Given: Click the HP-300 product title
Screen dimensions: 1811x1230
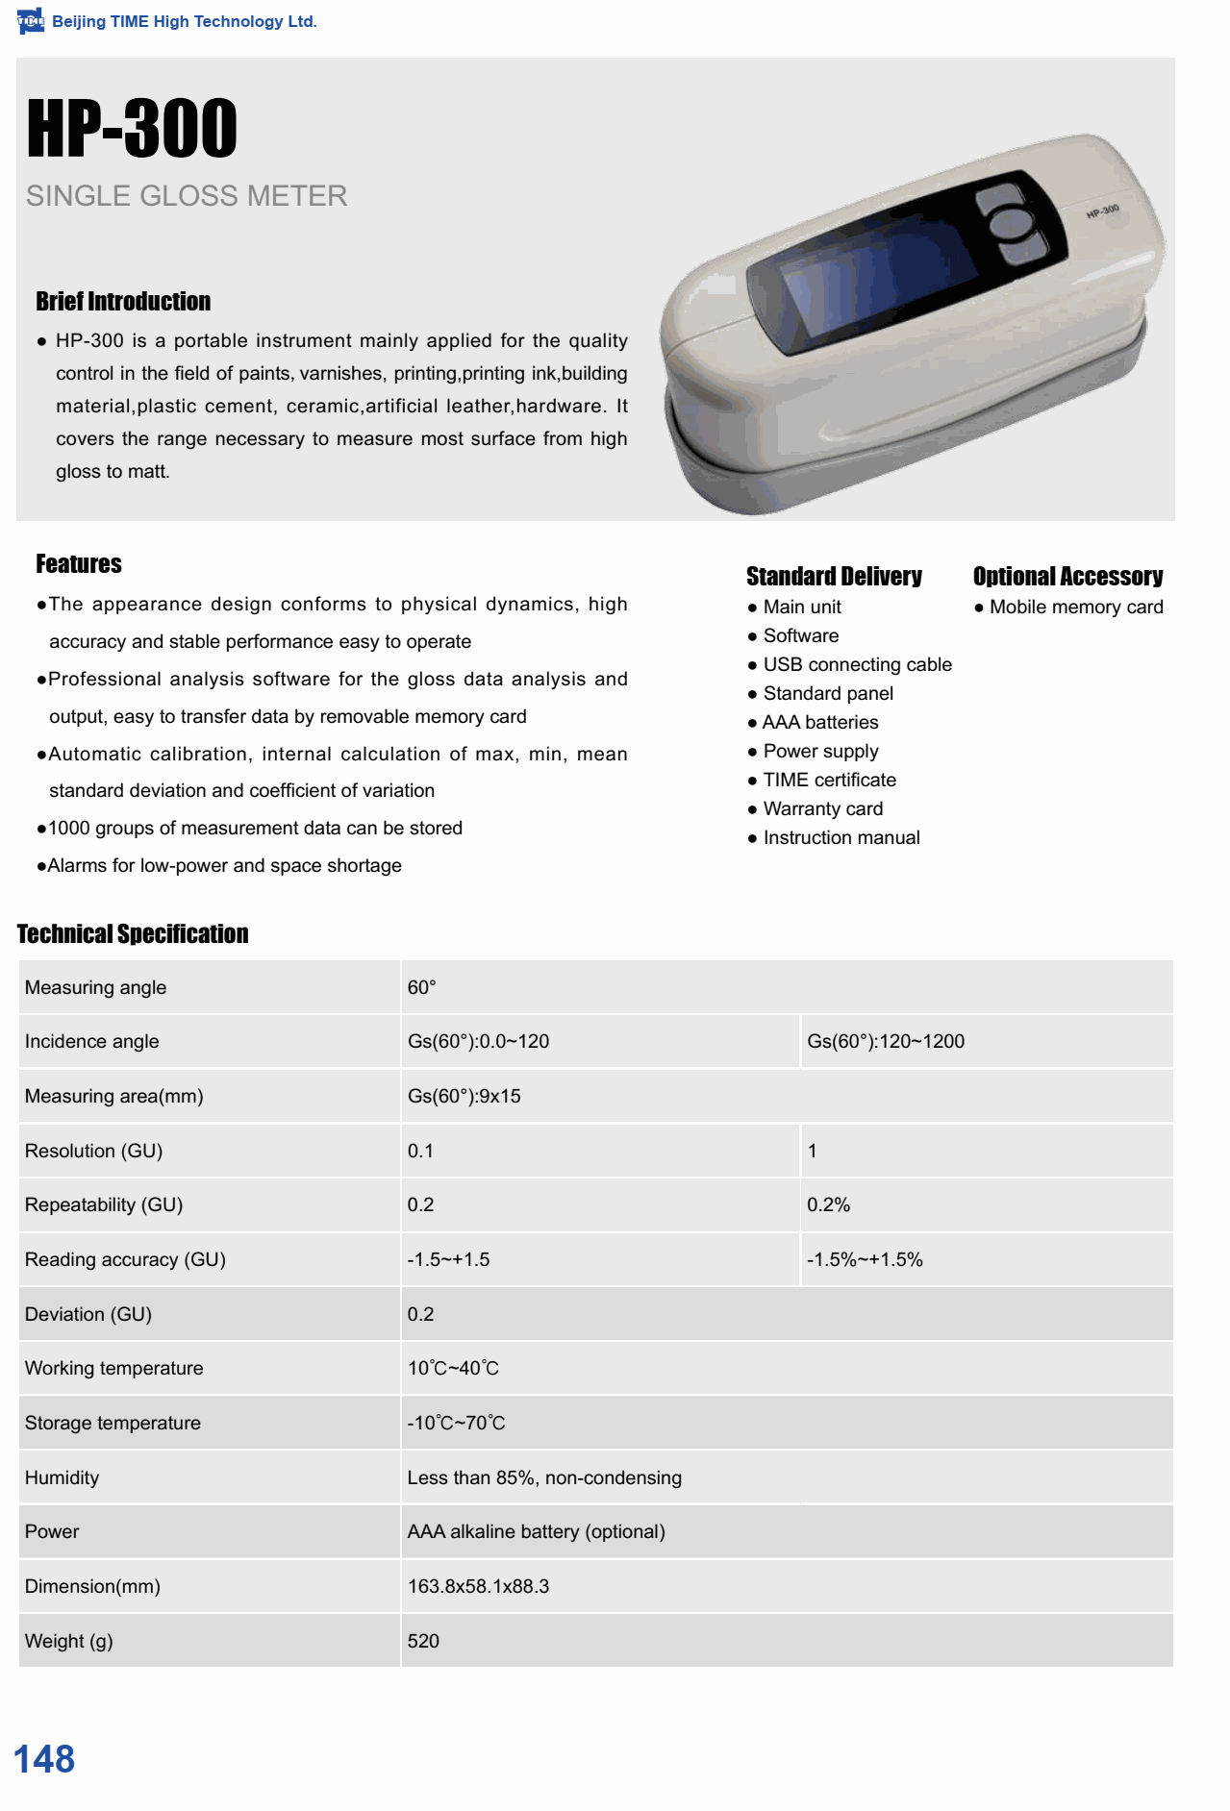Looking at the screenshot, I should pos(132,128).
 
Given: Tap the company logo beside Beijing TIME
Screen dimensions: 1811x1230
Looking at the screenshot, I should pos(31,20).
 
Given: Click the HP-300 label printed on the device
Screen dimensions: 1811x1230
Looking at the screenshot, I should pos(1102,211).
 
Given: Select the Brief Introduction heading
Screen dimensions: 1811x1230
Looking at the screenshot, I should pos(123,302).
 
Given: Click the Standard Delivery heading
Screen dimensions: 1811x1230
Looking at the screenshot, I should pos(834,577).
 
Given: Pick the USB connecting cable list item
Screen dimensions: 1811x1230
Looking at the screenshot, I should pos(857,664).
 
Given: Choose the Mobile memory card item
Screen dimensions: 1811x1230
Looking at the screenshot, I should pos(1075,607).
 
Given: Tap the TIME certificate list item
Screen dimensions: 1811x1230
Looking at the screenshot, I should pos(829,780).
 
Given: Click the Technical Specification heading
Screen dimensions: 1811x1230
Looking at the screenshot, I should pos(133,934).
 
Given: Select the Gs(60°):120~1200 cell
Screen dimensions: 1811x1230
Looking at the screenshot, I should pos(886,1041).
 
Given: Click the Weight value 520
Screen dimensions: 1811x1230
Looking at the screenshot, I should pos(423,1641).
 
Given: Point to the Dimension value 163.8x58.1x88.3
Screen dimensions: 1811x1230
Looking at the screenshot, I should pos(478,1586).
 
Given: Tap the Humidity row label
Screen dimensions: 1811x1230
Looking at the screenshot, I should pos(63,1477).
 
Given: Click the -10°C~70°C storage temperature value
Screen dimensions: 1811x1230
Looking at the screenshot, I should pos(456,1423).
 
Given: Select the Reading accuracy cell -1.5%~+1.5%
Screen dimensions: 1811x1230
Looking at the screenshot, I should pos(865,1259).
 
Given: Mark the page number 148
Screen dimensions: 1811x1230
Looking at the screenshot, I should pos(44,1759).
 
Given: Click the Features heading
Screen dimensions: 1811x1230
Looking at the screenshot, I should pos(79,564).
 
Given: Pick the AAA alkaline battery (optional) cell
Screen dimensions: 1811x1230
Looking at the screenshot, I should pos(536,1531).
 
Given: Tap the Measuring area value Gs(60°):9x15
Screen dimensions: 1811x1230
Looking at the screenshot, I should pos(464,1096).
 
